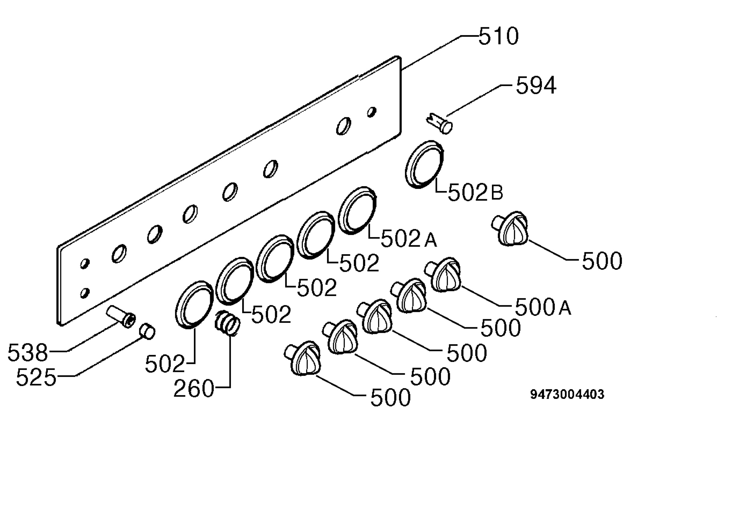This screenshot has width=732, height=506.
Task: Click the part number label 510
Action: [x=498, y=36]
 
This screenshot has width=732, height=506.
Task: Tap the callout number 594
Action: [x=536, y=85]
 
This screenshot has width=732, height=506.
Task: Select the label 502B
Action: [x=475, y=193]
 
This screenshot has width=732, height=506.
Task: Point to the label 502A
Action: [x=409, y=239]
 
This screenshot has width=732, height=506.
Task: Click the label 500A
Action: [x=543, y=307]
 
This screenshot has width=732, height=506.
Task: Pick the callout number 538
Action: [x=27, y=352]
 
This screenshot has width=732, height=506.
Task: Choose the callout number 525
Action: [x=36, y=377]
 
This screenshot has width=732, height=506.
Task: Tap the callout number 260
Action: [x=194, y=389]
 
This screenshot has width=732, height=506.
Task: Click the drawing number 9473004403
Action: [x=567, y=394]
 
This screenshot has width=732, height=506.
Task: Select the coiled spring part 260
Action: [x=228, y=323]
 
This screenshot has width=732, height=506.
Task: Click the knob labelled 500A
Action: [x=443, y=275]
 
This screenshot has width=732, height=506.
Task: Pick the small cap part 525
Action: [x=147, y=331]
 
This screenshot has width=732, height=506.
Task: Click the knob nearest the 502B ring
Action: [x=510, y=229]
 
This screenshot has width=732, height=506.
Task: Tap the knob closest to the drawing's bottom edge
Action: [x=303, y=359]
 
